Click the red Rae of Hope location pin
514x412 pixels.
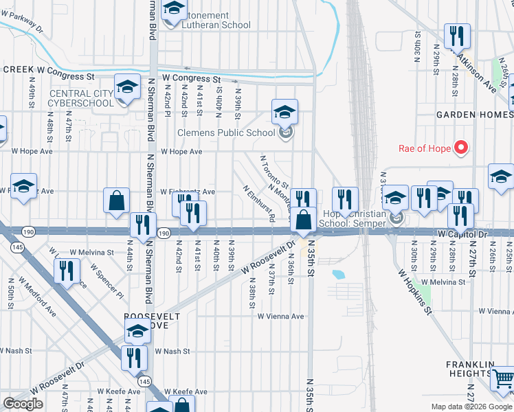point(462,148)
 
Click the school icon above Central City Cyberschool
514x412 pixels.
point(127,88)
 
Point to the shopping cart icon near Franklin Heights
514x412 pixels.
point(504,378)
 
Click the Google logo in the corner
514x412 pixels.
point(23,404)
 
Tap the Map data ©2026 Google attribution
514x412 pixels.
point(471,407)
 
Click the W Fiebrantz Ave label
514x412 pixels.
point(188,192)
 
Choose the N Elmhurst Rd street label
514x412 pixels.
point(259,203)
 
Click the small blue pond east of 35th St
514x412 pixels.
point(337,275)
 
